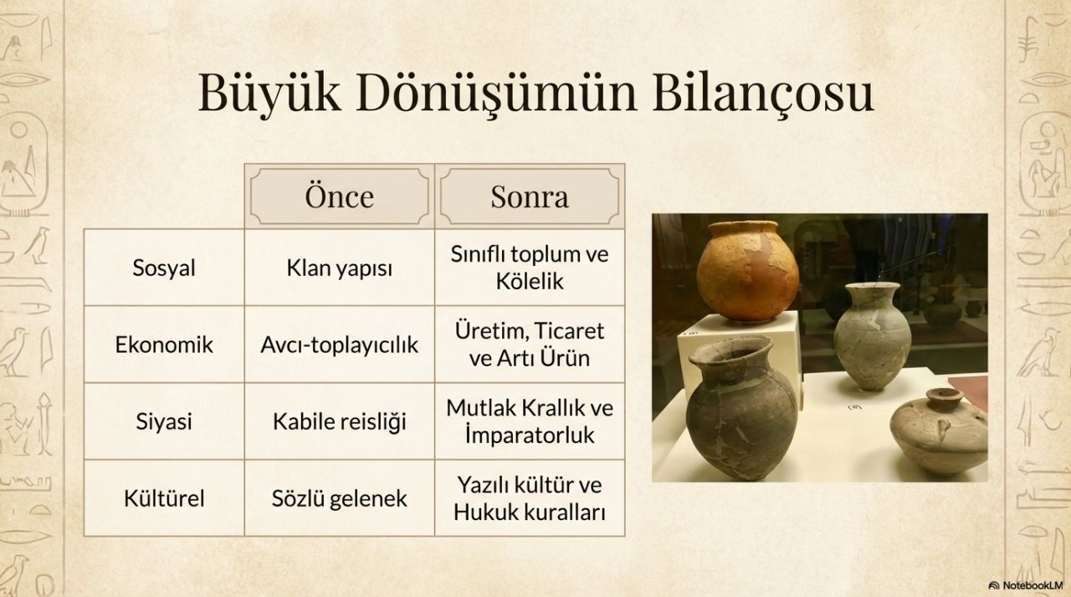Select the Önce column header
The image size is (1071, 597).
coord(340,196)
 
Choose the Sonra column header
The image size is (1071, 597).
coord(530,196)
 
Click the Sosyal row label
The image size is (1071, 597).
coord(164,268)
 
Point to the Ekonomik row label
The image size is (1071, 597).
coord(164,344)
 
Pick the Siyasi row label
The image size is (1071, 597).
coord(164,421)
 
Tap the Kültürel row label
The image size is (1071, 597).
coord(164,498)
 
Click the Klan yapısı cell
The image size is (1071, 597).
coord(340,268)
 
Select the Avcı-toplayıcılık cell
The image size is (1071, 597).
coord(340,344)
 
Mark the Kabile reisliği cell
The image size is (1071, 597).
coord(340,421)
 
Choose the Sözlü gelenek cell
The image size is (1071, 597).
coord(340,499)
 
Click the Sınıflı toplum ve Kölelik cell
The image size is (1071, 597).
coord(530,268)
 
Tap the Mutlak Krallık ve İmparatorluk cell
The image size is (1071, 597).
coord(530,421)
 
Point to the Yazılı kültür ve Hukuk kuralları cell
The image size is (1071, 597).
coord(530,498)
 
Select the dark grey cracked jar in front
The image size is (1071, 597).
coord(740,407)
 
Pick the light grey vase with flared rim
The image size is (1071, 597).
coord(872,334)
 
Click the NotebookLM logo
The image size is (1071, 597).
coord(1026,585)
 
